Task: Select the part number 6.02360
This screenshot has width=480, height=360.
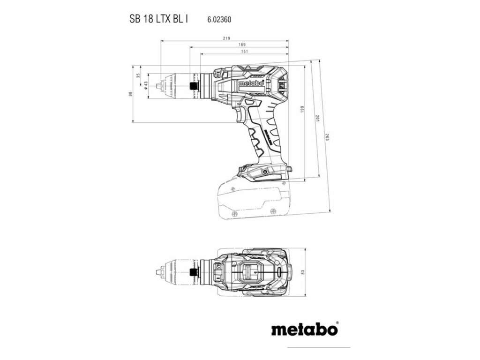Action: [219, 20]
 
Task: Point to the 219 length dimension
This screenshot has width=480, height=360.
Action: [226, 38]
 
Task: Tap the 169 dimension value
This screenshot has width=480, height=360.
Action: [242, 45]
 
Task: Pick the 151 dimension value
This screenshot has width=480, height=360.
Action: [244, 51]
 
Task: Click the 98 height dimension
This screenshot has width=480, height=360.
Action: [130, 93]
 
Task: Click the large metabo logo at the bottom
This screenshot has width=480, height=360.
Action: [304, 329]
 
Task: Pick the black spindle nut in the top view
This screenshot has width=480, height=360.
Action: [192, 272]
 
